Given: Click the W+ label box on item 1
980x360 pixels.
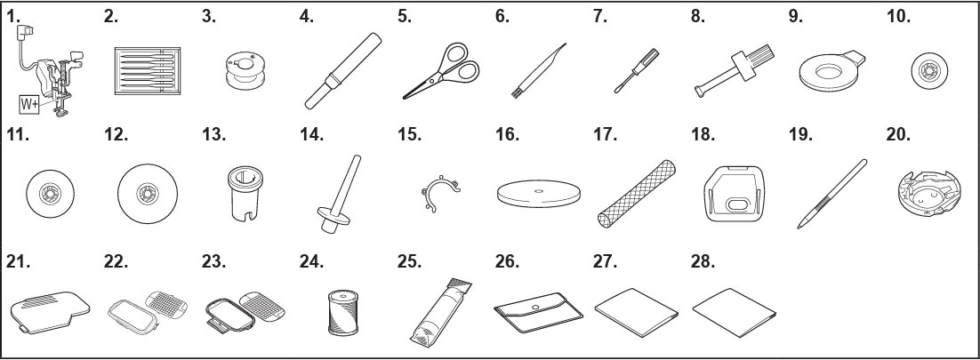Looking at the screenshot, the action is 29,105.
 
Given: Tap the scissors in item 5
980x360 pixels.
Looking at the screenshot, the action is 440,70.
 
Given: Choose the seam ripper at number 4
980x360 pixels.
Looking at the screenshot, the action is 343,70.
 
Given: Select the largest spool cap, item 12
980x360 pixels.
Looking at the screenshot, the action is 148,194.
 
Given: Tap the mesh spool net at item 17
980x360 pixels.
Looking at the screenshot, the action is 635,194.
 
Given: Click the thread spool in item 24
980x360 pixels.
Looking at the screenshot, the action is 342,313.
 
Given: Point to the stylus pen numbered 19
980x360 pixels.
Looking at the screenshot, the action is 831,194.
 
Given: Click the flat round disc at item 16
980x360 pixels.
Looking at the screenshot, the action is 539,194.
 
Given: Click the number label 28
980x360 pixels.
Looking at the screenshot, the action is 703,261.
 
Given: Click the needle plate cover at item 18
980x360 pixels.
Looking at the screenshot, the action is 734,195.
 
